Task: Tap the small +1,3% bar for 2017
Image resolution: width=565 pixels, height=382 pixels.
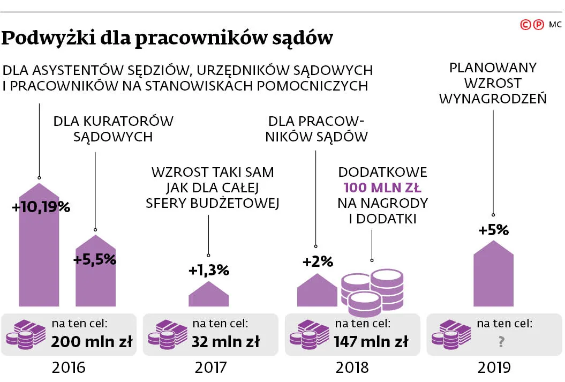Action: (208, 295)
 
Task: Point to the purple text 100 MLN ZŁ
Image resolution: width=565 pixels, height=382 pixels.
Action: (382, 188)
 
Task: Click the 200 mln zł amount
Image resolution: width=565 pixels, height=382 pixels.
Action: (92, 341)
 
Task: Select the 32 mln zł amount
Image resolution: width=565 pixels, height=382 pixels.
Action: (226, 341)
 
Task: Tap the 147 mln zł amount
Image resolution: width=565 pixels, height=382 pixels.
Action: (371, 341)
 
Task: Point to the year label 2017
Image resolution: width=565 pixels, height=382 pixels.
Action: (210, 368)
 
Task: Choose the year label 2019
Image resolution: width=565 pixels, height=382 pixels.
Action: (494, 368)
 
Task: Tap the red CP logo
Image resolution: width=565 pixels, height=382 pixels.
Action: (533, 25)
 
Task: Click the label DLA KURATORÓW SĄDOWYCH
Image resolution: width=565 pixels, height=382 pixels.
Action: (114, 129)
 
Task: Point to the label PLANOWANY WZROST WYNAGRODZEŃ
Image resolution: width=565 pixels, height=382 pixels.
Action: (493, 84)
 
